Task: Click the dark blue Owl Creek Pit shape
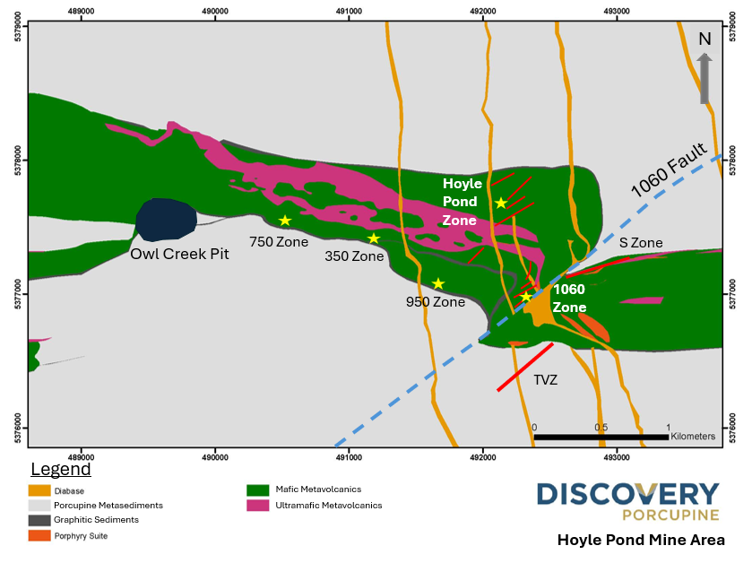coord(166,220)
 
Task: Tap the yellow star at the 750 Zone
coord(285,221)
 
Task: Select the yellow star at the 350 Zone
coord(374,238)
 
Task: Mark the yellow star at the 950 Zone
coord(438,283)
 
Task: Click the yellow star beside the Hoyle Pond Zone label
coord(501,204)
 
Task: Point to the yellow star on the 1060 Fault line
coord(526,297)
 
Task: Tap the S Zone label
coord(641,243)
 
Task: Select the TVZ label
coord(546,380)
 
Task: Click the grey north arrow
coord(704,77)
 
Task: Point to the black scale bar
coord(601,437)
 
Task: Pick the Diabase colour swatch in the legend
coord(39,490)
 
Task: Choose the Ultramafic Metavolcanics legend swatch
coord(259,506)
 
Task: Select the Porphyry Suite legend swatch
coord(39,535)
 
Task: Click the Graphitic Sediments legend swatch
coord(39,520)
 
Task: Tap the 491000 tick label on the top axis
coord(349,11)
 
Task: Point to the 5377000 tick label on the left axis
coord(13,294)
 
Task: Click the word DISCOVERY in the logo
coord(627,495)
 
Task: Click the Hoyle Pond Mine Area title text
coord(641,540)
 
